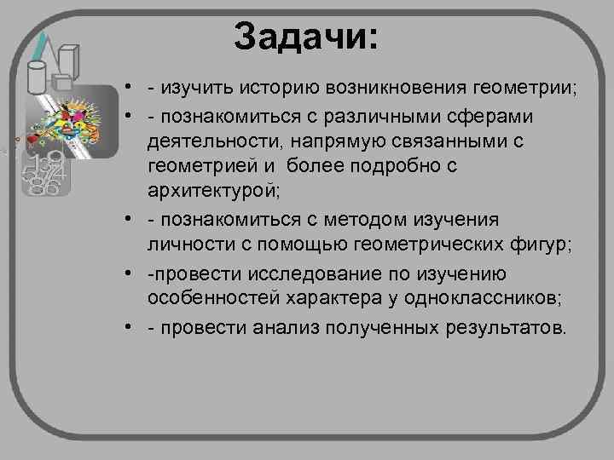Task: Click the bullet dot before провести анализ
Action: [x=125, y=329]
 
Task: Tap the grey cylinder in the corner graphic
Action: [x=37, y=78]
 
